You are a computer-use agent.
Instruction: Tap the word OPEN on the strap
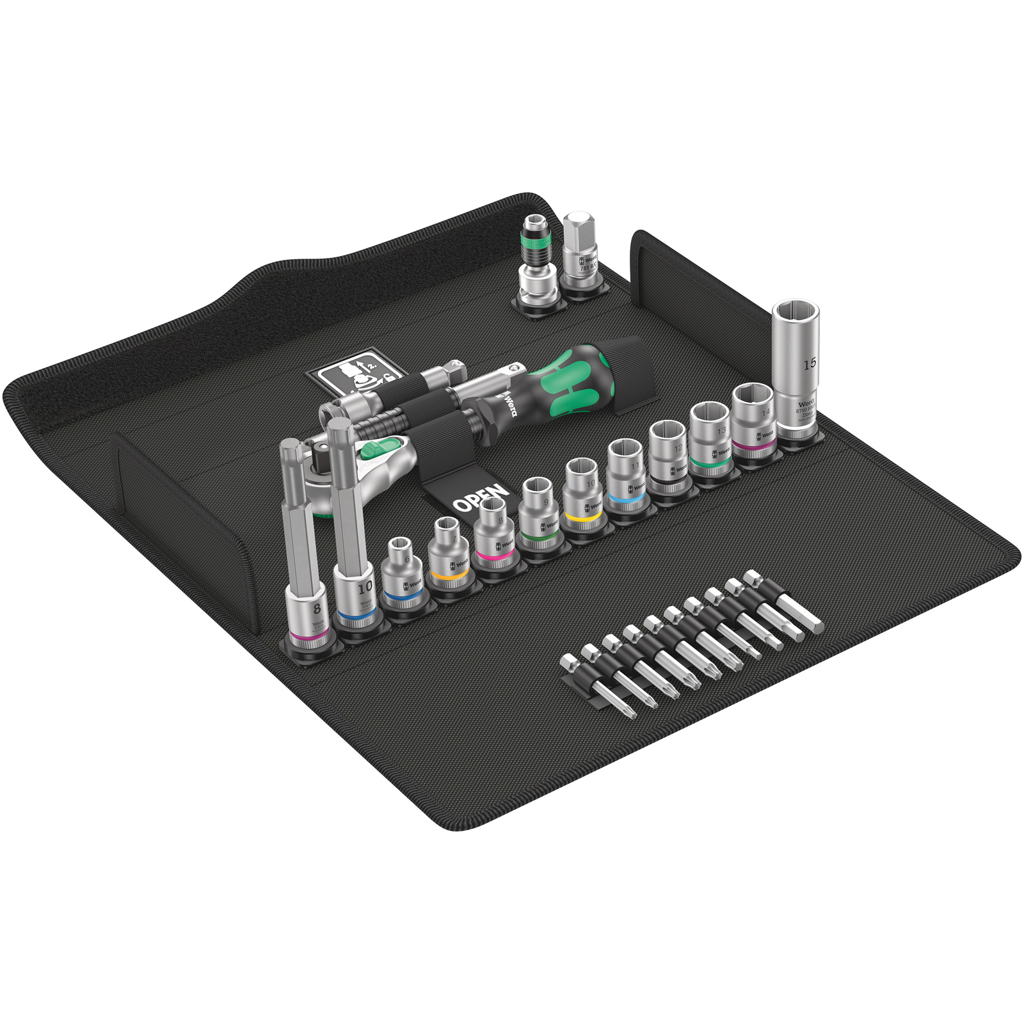click(481, 499)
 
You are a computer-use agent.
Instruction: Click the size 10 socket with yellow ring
click(583, 493)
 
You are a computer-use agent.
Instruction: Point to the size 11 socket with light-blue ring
click(626, 474)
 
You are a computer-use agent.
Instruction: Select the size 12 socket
click(668, 455)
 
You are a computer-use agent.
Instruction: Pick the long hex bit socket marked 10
click(354, 550)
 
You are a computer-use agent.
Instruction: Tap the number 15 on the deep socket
click(810, 364)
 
